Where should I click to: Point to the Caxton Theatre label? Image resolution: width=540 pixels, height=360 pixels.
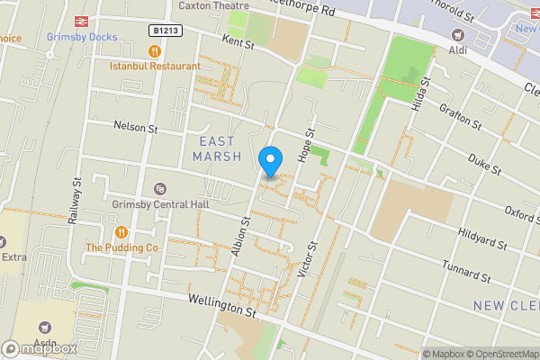213,5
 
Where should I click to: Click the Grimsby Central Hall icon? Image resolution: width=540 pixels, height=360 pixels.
160,188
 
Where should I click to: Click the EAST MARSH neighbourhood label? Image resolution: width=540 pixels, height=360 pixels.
216,148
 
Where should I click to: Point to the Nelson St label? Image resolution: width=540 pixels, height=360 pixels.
135,128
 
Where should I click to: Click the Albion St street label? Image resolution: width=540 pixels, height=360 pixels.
241,237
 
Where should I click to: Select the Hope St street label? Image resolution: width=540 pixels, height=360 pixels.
309,145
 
